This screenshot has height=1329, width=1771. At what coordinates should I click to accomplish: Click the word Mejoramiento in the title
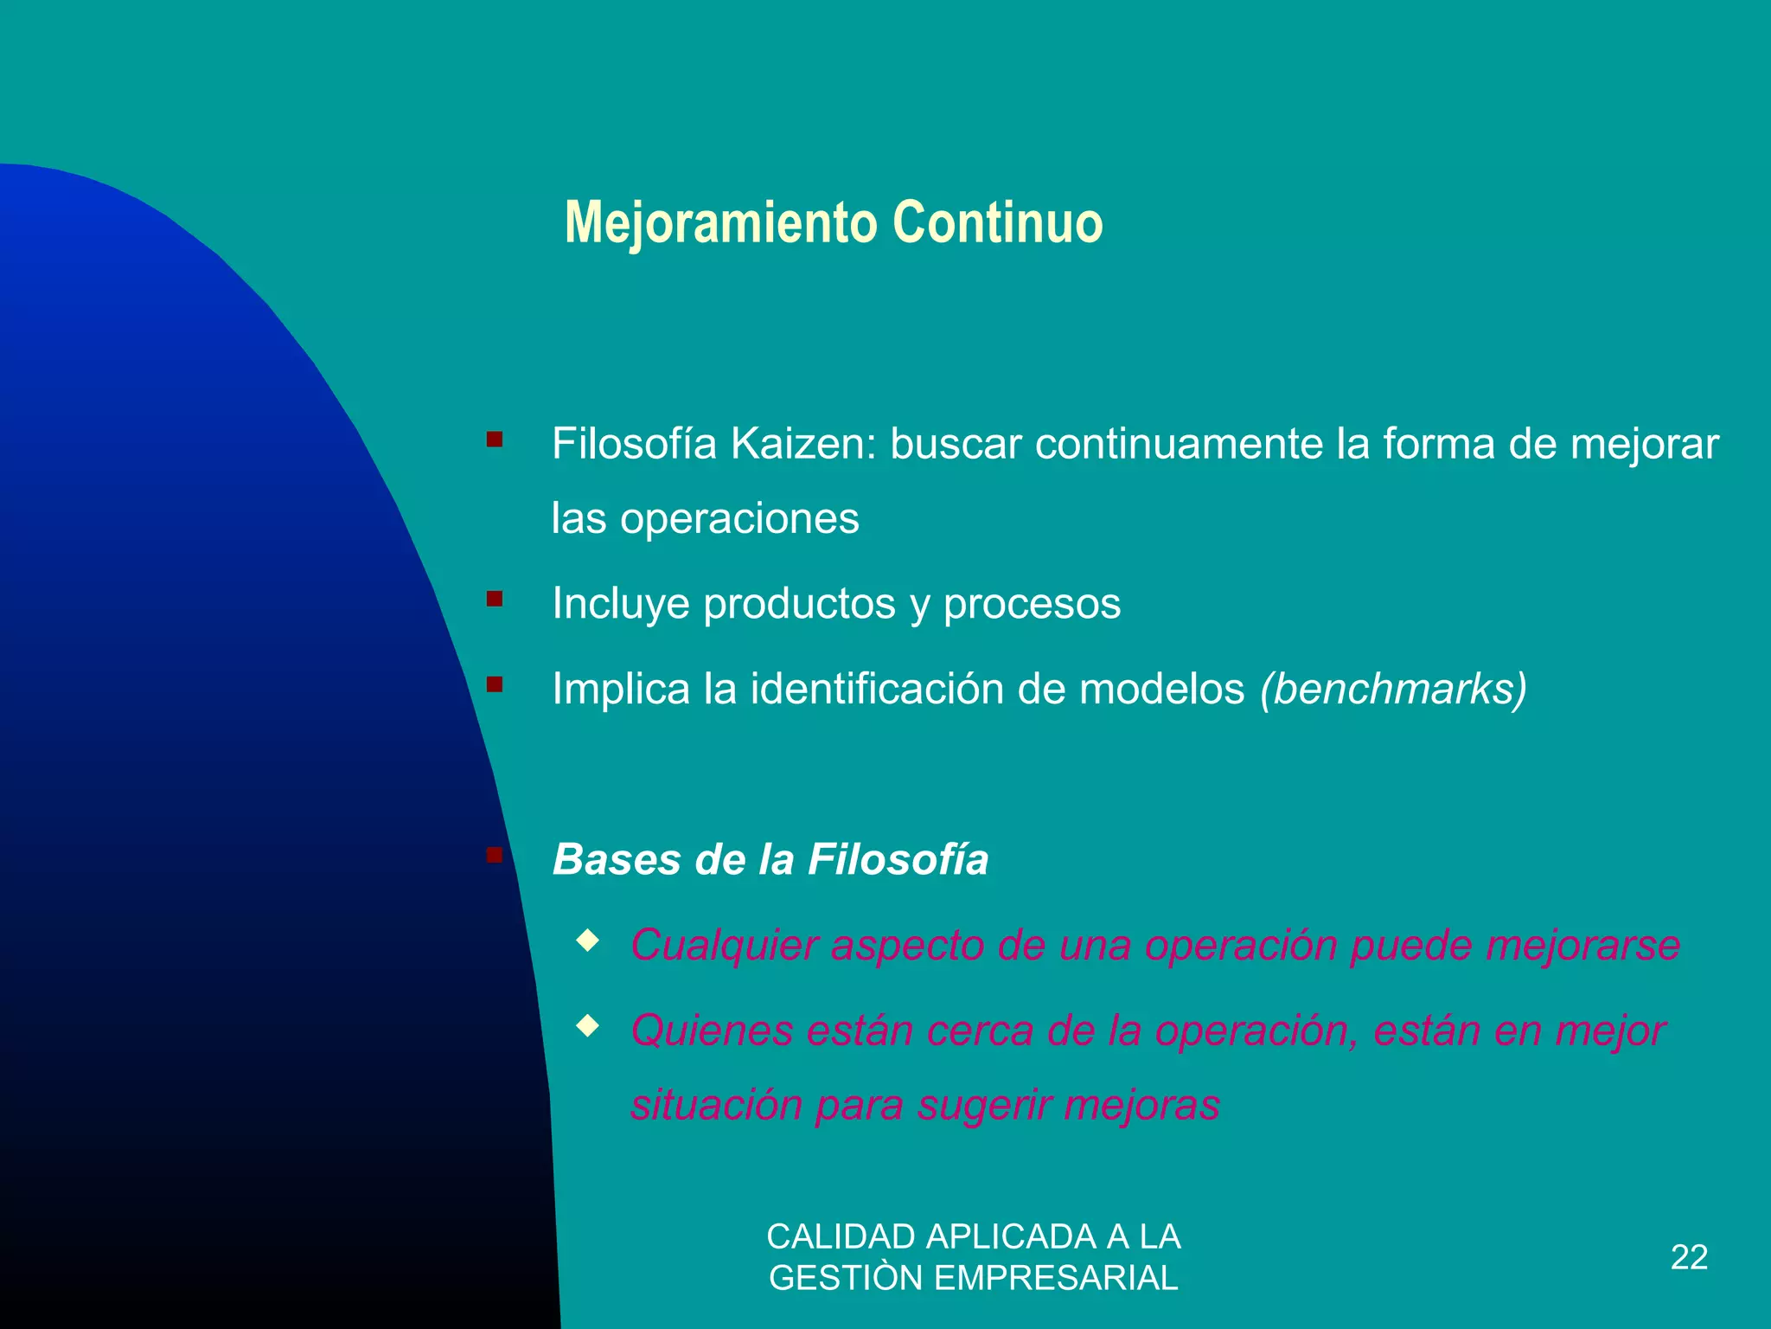[x=720, y=223]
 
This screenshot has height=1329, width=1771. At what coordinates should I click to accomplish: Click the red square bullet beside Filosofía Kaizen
[x=495, y=440]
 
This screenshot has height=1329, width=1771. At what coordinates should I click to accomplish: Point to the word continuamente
[x=1179, y=445]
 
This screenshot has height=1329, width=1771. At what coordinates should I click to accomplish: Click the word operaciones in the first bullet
[x=739, y=519]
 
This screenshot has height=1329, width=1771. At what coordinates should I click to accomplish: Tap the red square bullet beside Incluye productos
[x=495, y=599]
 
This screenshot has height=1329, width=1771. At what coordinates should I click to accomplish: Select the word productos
[x=799, y=604]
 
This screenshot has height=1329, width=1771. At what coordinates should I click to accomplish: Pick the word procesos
[x=1032, y=604]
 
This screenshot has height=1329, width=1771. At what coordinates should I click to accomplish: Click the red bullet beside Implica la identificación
[x=495, y=684]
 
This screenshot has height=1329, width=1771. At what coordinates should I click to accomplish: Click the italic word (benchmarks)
[x=1393, y=690]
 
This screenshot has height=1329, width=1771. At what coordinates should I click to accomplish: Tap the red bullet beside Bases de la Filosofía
[x=495, y=855]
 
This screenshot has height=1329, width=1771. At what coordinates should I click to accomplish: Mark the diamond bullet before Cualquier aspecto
[x=588, y=941]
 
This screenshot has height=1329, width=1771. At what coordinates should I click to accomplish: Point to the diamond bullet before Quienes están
[x=588, y=1026]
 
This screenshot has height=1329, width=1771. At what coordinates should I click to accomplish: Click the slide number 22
[x=1689, y=1257]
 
